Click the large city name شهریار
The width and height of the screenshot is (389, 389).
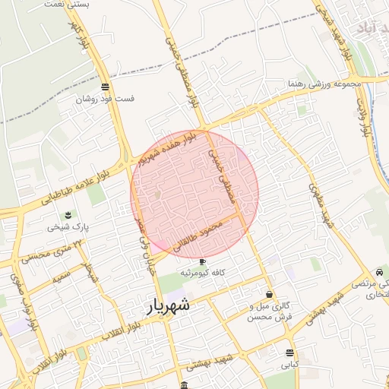[x=167, y=307]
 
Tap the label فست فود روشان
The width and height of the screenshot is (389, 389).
[x=106, y=99]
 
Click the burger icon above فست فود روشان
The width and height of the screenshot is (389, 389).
[x=105, y=86]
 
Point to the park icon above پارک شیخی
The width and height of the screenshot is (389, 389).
[x=68, y=213]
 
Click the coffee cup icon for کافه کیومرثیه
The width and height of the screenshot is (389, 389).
[x=202, y=262]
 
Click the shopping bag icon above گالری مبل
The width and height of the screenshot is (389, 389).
[x=269, y=294]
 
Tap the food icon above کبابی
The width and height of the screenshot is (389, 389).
[x=289, y=353]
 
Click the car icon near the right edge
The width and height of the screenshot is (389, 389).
[x=379, y=272]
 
